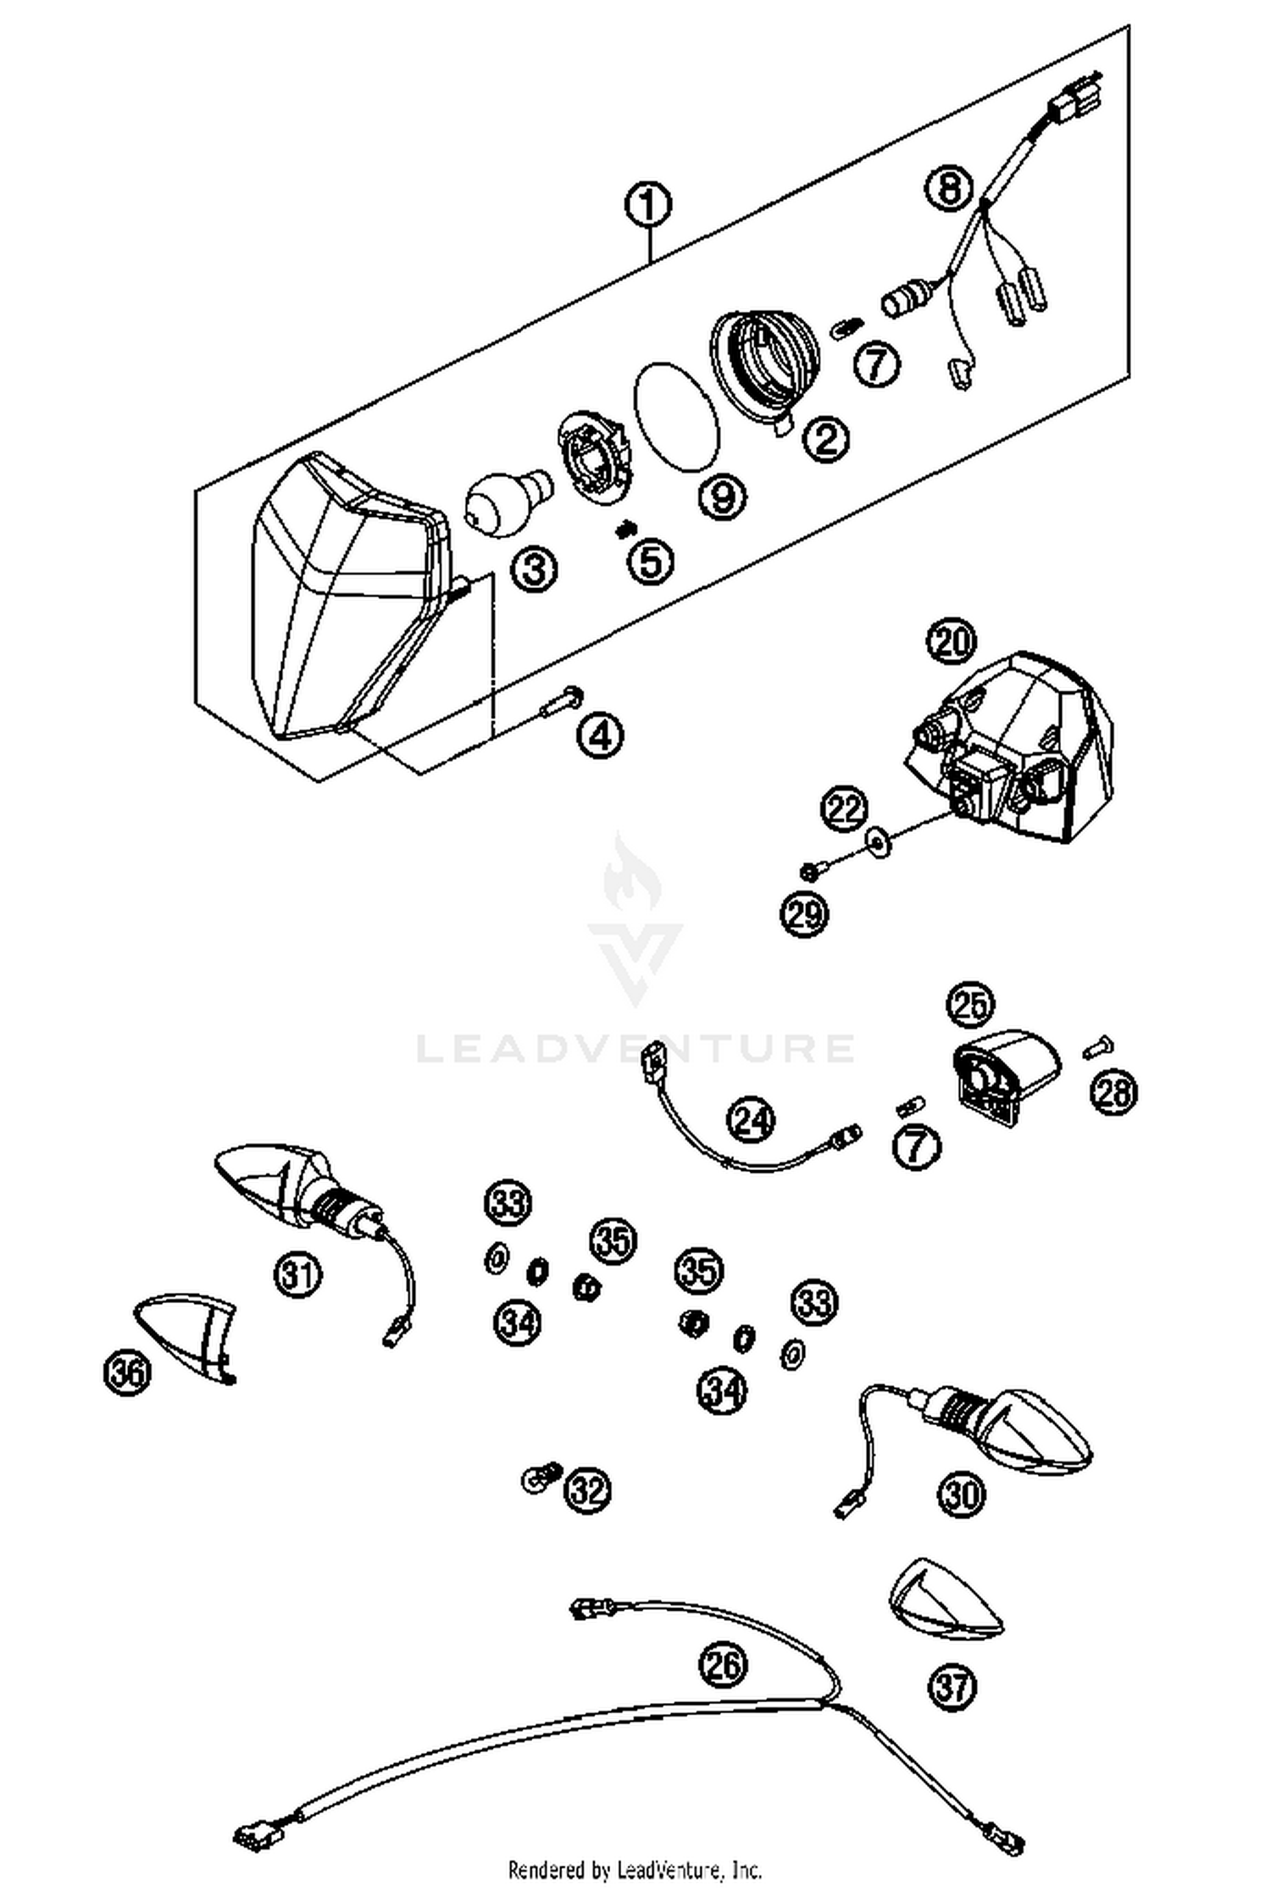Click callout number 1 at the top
pyautogui.click(x=648, y=206)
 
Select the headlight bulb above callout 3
pyautogui.click(x=505, y=505)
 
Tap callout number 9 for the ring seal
pyautogui.click(x=722, y=497)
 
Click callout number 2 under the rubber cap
pyautogui.click(x=825, y=438)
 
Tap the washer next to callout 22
pyautogui.click(x=879, y=841)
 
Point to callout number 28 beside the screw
pyautogui.click(x=1114, y=1090)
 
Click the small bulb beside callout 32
pyautogui.click(x=539, y=1477)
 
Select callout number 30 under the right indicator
pyautogui.click(x=962, y=1493)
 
